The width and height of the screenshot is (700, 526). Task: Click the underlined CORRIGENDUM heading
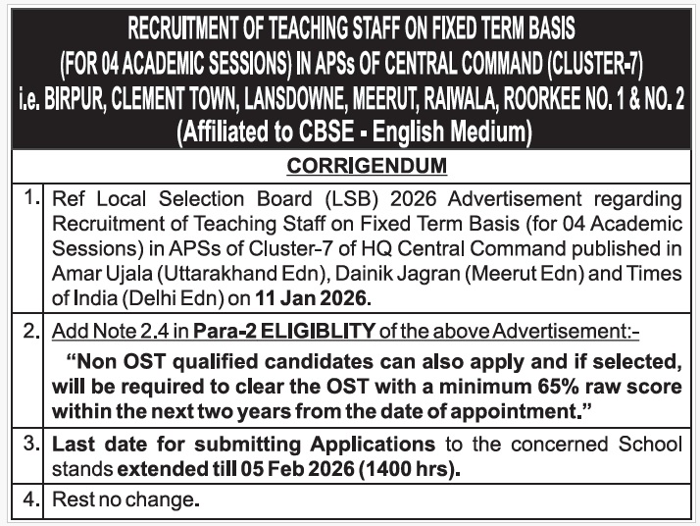[366, 165]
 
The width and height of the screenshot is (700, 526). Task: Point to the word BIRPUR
[85, 101]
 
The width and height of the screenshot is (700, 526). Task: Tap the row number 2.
[30, 331]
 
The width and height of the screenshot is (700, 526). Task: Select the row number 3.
[30, 444]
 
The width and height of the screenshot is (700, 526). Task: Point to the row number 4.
[30, 500]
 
